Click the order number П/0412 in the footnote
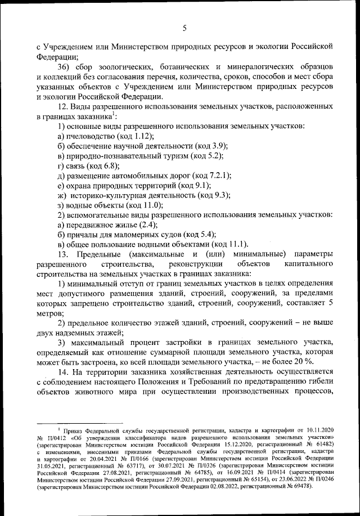pos(58,438)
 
